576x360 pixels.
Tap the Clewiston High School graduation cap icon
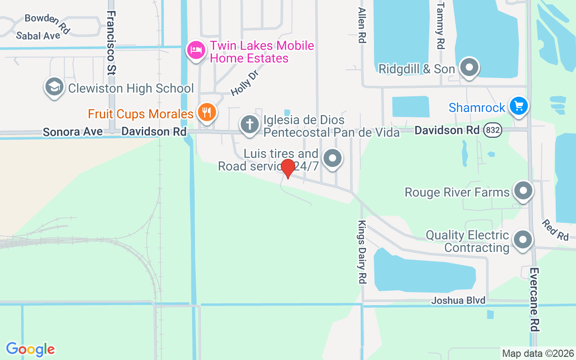(x=54, y=87)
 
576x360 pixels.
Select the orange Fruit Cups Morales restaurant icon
(x=207, y=112)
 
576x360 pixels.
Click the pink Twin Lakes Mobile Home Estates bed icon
(x=196, y=49)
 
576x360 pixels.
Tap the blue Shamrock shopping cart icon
(x=518, y=107)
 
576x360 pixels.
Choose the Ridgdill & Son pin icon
(x=469, y=68)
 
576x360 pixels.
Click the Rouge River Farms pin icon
(x=522, y=191)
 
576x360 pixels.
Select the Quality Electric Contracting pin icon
(x=522, y=240)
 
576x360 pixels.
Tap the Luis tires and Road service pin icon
(x=333, y=158)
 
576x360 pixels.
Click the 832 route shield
(x=493, y=130)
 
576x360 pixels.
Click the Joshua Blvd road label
(x=459, y=300)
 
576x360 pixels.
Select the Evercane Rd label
(x=534, y=300)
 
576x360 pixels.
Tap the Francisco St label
(x=112, y=42)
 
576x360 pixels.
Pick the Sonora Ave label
(x=72, y=132)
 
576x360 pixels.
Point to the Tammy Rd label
(x=440, y=25)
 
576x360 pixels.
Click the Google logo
(x=30, y=349)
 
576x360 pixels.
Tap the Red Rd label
(x=555, y=229)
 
